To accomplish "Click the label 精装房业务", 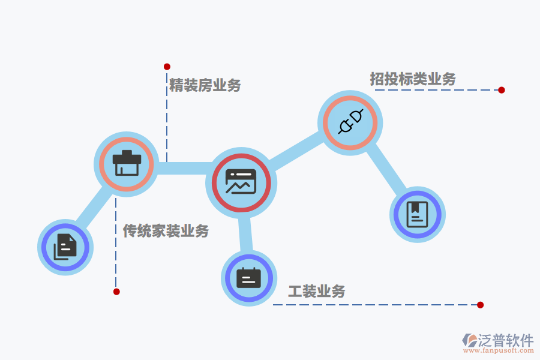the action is pos(205,85).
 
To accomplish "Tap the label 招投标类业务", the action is pos(413,79).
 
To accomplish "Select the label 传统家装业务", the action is pos(166,231).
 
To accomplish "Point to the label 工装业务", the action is pos(316,292).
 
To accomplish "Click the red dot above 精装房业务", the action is pos(167,67).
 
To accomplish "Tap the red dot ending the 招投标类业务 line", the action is pos(502,90).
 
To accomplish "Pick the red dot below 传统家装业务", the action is pos(116,292).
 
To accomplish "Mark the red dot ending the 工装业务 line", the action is pos(481,305).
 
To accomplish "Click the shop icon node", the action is pos(127,164).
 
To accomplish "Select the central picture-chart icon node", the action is pos(241,182).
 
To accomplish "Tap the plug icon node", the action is pos(350,123).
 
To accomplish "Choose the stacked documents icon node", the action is pos(65,247).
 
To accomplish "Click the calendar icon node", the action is pos(249,278).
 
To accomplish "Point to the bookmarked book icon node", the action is pos(418,215).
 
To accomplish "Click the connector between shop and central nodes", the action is pos(184,168).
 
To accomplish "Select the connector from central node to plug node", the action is pos(297,150).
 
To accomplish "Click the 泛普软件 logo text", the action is pos(506,340).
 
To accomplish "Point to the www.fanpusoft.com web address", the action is pos(499,350).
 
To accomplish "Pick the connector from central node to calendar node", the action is pos(245,234).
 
